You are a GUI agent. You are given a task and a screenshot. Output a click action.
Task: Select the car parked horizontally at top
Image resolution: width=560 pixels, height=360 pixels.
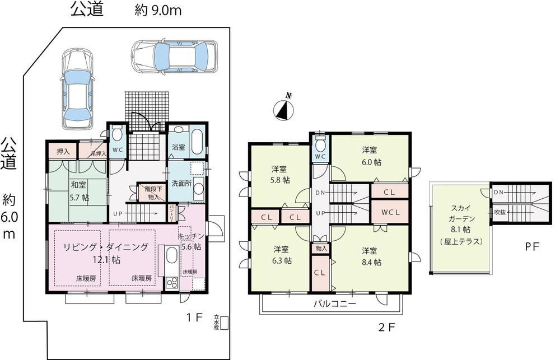[173, 56]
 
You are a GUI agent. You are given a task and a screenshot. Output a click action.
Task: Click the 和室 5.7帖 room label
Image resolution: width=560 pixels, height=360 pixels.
[79, 190]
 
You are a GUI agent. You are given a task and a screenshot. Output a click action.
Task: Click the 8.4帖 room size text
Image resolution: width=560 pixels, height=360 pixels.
[371, 261]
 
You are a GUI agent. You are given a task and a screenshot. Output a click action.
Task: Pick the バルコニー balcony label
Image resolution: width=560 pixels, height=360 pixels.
[334, 303]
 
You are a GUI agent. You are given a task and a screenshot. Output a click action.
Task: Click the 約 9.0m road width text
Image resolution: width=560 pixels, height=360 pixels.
[158, 10]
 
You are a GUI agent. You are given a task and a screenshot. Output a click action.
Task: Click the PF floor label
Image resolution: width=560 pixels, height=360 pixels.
[532, 246]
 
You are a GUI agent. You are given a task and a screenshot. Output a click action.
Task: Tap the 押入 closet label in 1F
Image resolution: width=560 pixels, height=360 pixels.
[63, 151]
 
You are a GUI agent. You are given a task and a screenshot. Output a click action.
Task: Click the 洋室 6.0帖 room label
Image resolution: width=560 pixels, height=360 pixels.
[369, 156]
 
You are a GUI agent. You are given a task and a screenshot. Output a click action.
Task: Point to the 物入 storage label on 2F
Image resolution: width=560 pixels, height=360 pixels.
[321, 248]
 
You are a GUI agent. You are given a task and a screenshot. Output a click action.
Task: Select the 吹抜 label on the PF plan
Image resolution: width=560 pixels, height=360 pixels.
[499, 212]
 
